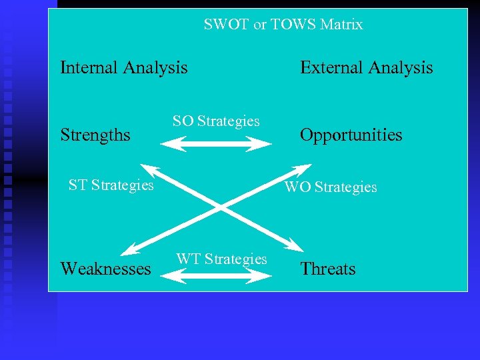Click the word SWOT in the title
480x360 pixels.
[x=223, y=25]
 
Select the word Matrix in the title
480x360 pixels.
[x=341, y=25]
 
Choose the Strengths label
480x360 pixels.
[x=95, y=135]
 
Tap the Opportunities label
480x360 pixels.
[x=351, y=135]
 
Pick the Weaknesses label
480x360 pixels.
[x=105, y=269]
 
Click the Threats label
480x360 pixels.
[x=327, y=269]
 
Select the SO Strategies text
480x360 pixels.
[x=216, y=121]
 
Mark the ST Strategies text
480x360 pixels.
[x=111, y=185]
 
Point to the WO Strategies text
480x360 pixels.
[x=331, y=187]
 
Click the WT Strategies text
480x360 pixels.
[x=221, y=259]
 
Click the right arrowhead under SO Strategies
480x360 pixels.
[x=263, y=143]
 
